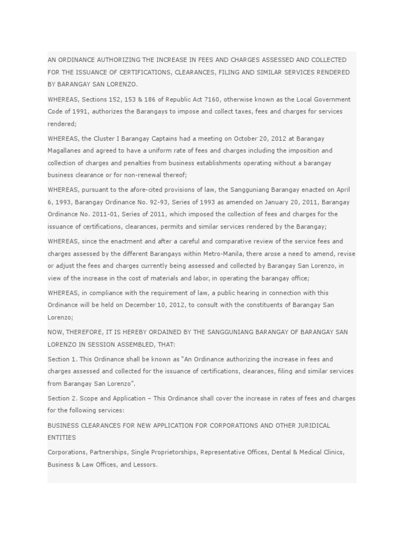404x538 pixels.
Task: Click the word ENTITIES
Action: pyautogui.click(x=62, y=437)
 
